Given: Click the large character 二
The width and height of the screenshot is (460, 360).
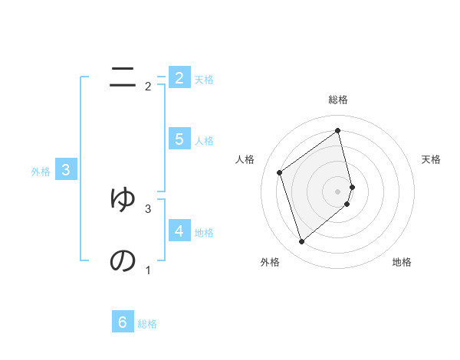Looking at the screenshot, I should pos(123,77).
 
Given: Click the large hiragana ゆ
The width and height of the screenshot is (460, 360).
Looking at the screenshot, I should pos(123,198).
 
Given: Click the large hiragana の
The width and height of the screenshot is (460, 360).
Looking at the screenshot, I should pos(123,261).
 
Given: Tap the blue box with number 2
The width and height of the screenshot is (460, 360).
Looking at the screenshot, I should pos(179,77).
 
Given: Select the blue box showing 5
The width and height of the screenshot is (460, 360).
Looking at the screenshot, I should pos(179,139).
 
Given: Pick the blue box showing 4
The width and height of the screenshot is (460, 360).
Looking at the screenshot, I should pos(179,231).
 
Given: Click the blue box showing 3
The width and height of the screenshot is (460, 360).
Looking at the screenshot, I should pos(66,170).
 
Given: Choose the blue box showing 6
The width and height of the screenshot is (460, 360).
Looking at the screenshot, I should pos(123,322).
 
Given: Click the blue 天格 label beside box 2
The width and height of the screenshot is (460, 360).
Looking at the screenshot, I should pos(204,79).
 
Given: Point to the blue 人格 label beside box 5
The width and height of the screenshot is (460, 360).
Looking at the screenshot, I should pos(204,141).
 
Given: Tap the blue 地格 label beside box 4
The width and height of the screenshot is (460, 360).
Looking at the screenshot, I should pos(204,233).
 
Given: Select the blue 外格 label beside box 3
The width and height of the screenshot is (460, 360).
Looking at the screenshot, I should pos(41,172).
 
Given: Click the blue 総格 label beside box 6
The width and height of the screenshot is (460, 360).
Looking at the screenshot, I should pos(147,325).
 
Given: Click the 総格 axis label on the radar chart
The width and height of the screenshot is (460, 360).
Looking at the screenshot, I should pos(338,100).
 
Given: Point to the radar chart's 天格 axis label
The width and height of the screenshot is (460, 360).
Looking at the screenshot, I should pos(432,159).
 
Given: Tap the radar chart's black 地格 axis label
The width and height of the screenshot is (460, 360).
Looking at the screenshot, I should pos(402,262).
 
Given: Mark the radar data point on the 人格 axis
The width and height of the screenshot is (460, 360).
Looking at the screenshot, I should pos(280,172).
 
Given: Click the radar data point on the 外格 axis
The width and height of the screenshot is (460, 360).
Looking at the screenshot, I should pos(301,242).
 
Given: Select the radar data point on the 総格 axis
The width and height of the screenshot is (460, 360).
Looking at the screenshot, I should pos(338,130).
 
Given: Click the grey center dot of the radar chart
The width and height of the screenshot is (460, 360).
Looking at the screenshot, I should pos(338,191).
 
